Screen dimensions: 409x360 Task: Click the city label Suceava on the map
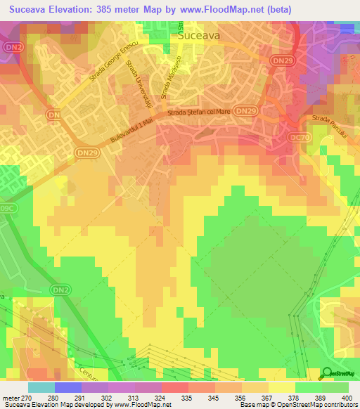point(200,33)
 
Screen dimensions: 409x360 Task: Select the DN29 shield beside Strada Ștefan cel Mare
point(245,111)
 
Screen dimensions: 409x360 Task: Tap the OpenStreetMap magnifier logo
point(327,374)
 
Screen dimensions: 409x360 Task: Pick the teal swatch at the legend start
point(41,387)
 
